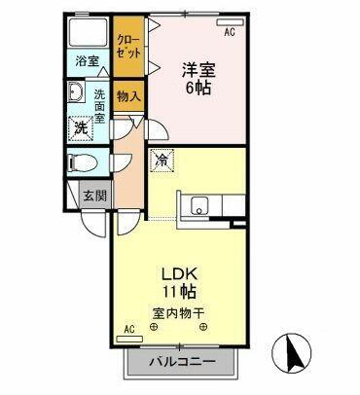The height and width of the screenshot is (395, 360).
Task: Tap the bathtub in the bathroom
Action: (x=90, y=32)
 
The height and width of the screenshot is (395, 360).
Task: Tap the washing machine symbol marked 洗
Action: (x=84, y=127)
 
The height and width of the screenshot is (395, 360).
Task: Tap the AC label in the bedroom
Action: (x=230, y=31)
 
